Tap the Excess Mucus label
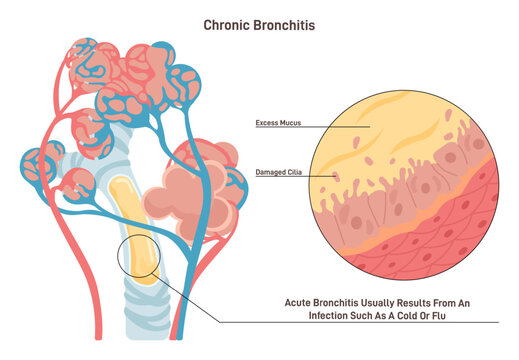(278, 125)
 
